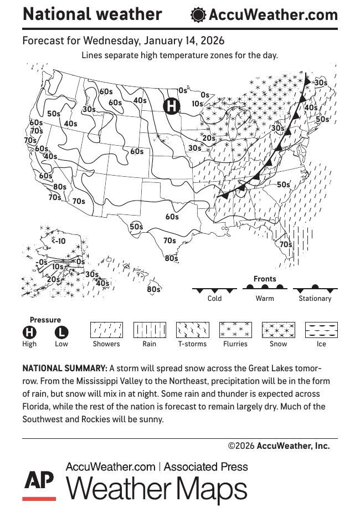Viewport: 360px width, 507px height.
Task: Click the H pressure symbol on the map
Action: point(172,105)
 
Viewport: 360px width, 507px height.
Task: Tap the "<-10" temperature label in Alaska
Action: point(58,241)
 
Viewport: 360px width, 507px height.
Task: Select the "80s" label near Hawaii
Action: point(153,289)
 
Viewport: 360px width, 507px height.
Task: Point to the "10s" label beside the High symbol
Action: point(197,104)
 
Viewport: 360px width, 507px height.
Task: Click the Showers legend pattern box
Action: point(106,330)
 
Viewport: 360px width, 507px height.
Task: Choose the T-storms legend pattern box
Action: point(192,330)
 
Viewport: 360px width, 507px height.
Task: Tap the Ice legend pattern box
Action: point(321,330)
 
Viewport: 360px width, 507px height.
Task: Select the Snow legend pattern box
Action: point(278,330)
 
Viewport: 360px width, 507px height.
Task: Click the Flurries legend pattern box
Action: point(235,330)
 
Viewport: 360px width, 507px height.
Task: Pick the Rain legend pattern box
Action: point(150,330)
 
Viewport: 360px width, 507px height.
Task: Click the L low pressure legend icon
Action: point(61,332)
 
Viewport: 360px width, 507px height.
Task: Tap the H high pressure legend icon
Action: point(29,332)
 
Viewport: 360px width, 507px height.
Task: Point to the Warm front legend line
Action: point(265,288)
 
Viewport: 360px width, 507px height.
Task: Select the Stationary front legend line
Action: point(315,289)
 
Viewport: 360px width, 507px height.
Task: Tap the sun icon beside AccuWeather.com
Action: point(198,15)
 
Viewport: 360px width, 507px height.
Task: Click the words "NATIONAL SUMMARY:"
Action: point(64,368)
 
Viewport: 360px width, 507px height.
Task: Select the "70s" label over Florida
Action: point(286,244)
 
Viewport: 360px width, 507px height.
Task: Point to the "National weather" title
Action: point(92,14)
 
